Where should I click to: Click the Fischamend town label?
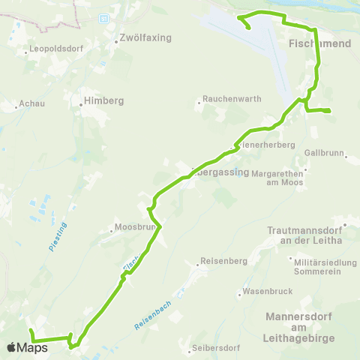point(319,44)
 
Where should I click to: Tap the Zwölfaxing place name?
point(146,37)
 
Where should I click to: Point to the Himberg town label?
point(103,100)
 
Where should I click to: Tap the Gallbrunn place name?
point(323,152)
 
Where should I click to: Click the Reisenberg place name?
point(219,262)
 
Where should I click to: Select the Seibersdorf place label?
point(215,348)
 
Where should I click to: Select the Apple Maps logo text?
point(26,347)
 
